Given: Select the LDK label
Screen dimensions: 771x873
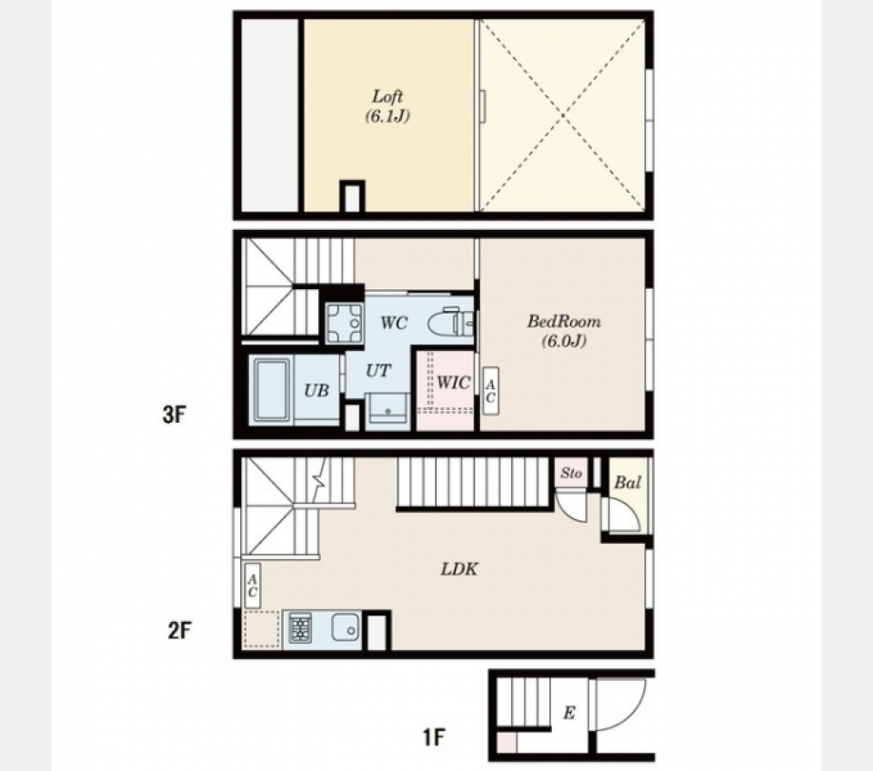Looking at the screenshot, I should pos(459,570).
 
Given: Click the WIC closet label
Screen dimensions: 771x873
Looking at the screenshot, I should pos(453,383).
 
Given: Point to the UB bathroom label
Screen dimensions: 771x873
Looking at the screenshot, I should pos(316,390).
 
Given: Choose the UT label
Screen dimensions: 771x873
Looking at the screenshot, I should pos(378,371).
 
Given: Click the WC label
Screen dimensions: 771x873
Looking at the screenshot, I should pos(393,323).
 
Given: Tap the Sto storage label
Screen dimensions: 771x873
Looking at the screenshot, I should pos(570,473).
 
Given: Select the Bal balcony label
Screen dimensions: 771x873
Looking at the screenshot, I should pos(627,483).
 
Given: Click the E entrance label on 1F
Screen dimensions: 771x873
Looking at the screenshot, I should pos(568,714).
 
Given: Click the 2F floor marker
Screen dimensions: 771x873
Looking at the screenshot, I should pos(178,629).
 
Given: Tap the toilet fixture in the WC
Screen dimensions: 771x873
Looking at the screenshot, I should pos(455,320).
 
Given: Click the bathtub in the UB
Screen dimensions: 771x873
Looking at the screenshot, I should pos(270,390).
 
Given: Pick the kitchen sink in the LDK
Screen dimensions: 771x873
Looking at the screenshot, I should pos(344,627).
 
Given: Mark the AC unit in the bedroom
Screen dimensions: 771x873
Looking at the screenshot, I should pos(489,391).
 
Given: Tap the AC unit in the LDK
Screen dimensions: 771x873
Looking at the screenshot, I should pos(252,586).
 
